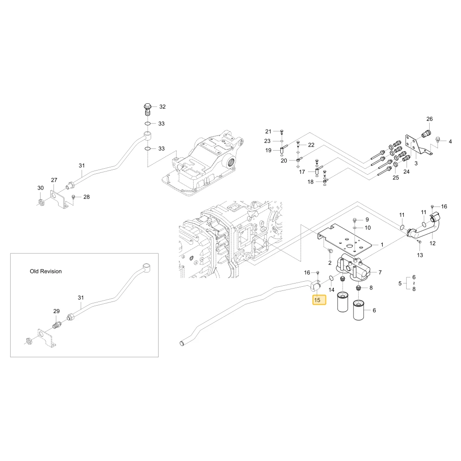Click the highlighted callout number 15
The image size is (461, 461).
tap(317, 300)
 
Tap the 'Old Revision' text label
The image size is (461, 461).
tap(46, 272)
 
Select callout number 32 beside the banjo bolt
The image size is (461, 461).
tap(162, 107)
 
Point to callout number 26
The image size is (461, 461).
tap(430, 119)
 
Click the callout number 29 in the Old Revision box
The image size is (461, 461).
tap(56, 311)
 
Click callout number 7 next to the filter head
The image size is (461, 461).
tap(380, 272)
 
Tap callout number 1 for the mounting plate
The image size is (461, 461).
tap(382, 245)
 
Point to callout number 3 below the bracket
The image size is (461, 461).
tap(416, 163)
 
